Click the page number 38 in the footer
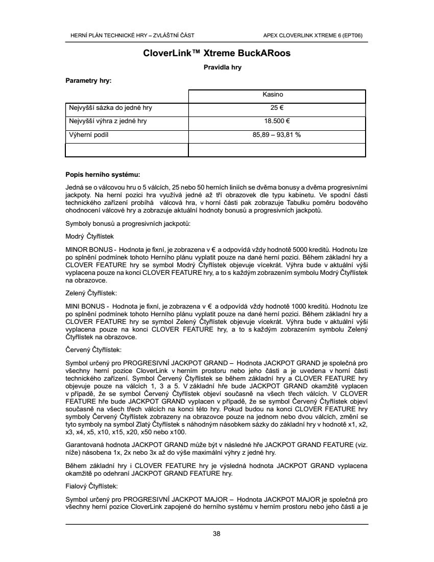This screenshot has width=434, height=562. (216, 534)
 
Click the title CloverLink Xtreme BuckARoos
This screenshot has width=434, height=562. (217, 53)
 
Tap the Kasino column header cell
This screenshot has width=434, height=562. (277, 95)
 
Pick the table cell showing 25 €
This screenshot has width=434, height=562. (277, 108)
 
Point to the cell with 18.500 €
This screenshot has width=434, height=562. (277, 122)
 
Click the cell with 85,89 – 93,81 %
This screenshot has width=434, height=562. (277, 135)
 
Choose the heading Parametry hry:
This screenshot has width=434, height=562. (88, 81)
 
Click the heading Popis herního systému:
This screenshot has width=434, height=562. (103, 174)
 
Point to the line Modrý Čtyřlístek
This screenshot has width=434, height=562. (90, 237)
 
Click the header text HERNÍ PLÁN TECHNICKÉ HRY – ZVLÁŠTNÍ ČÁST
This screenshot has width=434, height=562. (132, 35)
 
